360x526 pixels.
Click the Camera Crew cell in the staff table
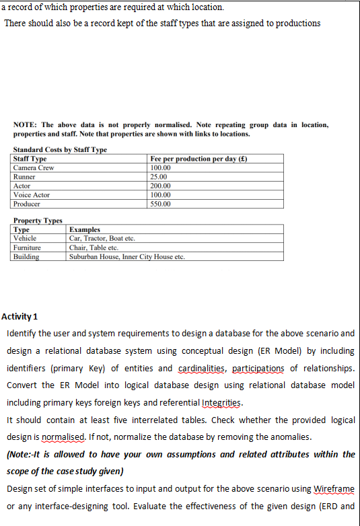[34, 167]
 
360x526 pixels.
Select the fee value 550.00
[161, 203]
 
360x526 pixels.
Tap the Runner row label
[24, 176]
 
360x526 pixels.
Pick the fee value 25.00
[159, 176]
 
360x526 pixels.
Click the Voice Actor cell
[32, 194]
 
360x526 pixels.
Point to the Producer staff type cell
[27, 203]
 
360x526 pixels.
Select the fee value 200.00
[161, 186]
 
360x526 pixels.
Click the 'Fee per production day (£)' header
[200, 159]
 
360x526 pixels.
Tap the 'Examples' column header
[85, 229]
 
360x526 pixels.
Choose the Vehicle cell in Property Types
[25, 238]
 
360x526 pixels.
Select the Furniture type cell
[28, 248]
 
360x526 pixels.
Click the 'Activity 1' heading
[20, 316]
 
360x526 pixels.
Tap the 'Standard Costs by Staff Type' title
[60, 149]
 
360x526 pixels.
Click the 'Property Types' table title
[38, 221]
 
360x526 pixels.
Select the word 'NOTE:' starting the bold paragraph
[25, 125]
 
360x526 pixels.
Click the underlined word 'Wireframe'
[334, 489]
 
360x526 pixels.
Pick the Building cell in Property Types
[26, 256]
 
